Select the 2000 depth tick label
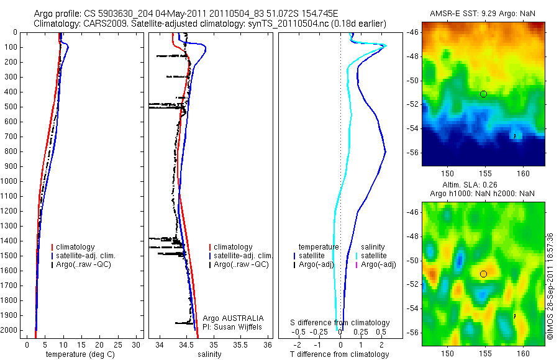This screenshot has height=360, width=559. [x=11, y=331]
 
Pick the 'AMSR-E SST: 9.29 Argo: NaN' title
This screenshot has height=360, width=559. [x=483, y=14]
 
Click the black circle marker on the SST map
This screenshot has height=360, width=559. [x=483, y=94]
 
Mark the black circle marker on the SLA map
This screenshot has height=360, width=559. [x=483, y=274]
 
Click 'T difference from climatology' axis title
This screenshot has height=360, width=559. [x=340, y=355]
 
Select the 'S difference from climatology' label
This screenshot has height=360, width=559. [x=340, y=323]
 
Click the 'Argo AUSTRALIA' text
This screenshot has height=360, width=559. [x=234, y=318]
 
